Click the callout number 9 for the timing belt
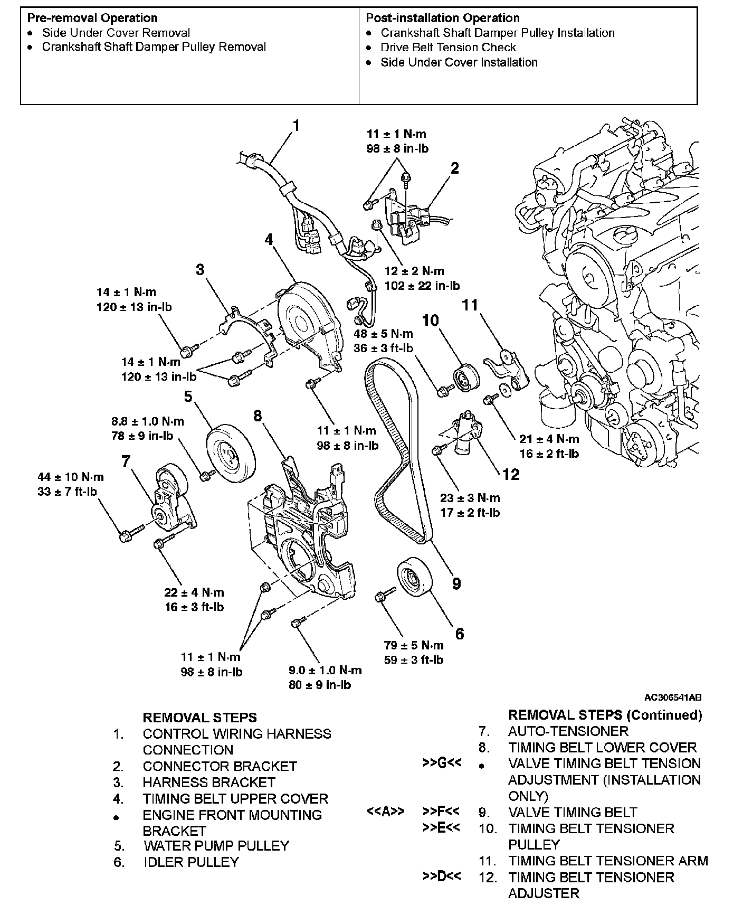456,583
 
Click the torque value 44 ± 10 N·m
71,477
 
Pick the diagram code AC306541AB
672,697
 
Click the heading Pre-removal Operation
92,18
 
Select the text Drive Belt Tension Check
448,48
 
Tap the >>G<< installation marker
442,763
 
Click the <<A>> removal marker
385,812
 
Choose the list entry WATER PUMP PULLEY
216,845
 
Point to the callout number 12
511,474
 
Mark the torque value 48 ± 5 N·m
383,334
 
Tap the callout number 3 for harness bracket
200,270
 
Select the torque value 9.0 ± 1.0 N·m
325,670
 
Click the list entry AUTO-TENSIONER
568,731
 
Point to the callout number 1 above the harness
296,126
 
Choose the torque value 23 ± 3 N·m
470,498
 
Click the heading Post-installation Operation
443,18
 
